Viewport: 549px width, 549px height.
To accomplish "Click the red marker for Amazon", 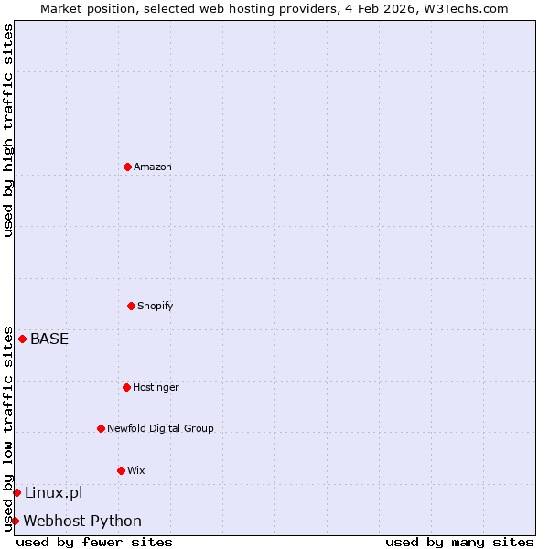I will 127,167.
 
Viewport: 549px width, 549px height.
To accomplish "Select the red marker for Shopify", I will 131,306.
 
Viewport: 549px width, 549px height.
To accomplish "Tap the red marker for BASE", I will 22,339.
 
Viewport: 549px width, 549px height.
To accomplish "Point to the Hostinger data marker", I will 126,387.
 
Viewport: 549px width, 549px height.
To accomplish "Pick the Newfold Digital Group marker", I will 101,428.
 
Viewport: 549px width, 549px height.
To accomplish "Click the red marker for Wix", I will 121,470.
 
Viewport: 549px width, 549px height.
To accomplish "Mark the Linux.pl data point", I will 16,492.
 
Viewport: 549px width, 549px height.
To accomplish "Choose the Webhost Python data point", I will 15,521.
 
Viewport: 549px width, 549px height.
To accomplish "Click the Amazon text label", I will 153,167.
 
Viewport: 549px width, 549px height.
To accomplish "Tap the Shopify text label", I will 156,306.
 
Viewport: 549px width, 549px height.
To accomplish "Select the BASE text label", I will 49,339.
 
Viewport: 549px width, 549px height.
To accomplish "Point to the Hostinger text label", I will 156,387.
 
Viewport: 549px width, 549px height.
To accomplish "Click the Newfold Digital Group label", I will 160,428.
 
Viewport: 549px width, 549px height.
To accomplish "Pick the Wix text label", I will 136,470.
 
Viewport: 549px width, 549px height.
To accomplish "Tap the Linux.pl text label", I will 53,492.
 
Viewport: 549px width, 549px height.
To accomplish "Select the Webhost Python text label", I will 82,521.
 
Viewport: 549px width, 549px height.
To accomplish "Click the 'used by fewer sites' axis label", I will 94,542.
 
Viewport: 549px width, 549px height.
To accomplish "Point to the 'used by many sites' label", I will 459,542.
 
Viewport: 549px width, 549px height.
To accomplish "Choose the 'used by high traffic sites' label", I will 8,130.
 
